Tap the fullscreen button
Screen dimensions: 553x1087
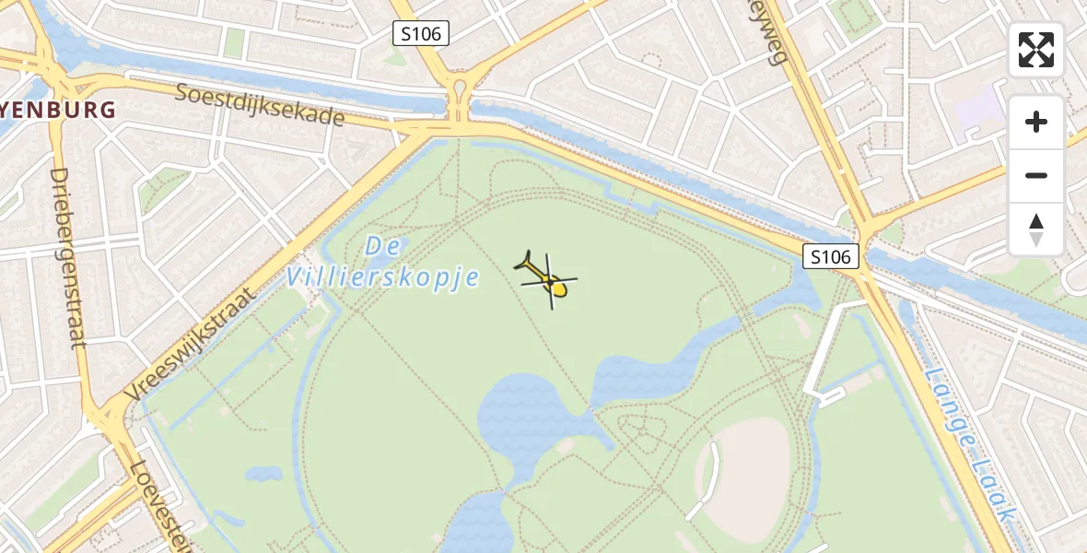tap(1036, 50)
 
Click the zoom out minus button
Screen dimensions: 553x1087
tap(1036, 175)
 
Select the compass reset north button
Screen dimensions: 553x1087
tap(1036, 229)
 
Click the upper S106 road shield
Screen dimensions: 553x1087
tap(420, 34)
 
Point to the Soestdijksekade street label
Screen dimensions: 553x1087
tap(260, 104)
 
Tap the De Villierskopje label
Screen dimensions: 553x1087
tap(383, 263)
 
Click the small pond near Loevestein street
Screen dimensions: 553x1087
tap(263, 475)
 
